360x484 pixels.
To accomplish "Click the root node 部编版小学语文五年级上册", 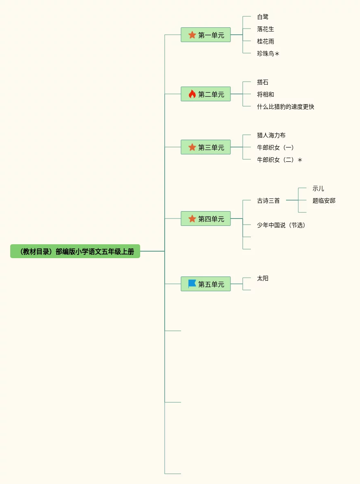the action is click(75, 252).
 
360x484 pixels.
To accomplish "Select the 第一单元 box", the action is click(206, 35).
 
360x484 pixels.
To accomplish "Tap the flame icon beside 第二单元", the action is click(192, 94).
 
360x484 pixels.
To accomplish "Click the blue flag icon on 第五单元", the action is click(192, 284).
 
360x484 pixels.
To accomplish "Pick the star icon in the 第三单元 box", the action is click(192, 147).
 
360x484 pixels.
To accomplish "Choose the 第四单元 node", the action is click(206, 219).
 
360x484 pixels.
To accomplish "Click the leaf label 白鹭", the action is click(263, 17).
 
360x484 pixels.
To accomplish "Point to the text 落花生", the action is click(266, 29).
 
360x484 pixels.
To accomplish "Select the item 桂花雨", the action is click(266, 41).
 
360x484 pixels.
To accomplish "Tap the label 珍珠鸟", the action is click(266, 54).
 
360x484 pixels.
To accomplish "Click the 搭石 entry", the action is click(263, 82).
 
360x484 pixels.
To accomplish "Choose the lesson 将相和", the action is click(266, 94).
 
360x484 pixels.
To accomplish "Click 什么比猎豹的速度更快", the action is click(286, 107).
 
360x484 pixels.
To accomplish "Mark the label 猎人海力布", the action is click(271, 135).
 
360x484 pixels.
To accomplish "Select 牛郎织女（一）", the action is click(275, 147).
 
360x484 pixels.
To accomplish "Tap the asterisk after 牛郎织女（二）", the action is click(300, 160).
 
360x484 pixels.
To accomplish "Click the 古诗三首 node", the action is click(268, 201).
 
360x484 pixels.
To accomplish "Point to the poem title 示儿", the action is click(318, 188).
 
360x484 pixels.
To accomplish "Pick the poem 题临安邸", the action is click(324, 201).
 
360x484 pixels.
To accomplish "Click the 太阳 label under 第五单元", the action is click(263, 278).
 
